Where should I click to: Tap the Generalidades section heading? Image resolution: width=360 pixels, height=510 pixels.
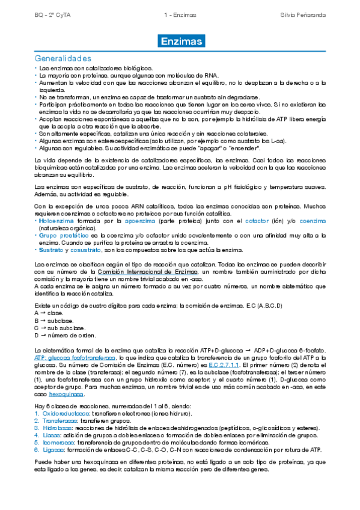(x=63, y=58)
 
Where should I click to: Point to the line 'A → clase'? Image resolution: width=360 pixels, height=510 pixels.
(x=49, y=313)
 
